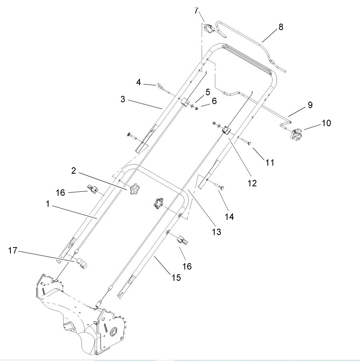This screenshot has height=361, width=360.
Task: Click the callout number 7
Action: (x=196, y=11)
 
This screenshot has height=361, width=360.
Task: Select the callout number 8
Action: (x=281, y=27)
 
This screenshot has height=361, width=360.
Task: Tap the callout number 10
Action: (x=326, y=123)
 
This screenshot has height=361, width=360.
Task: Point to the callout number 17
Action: (x=12, y=251)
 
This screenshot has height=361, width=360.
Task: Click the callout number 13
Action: (x=216, y=231)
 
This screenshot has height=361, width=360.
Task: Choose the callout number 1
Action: (x=47, y=204)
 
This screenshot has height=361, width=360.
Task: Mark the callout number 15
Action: (x=176, y=277)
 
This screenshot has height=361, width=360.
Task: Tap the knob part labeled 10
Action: (x=297, y=135)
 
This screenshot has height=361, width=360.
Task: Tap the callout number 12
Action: (x=252, y=183)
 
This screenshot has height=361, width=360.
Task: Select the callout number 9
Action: (x=309, y=105)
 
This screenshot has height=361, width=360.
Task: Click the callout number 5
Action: (x=208, y=92)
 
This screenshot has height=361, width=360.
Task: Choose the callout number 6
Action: (x=214, y=101)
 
